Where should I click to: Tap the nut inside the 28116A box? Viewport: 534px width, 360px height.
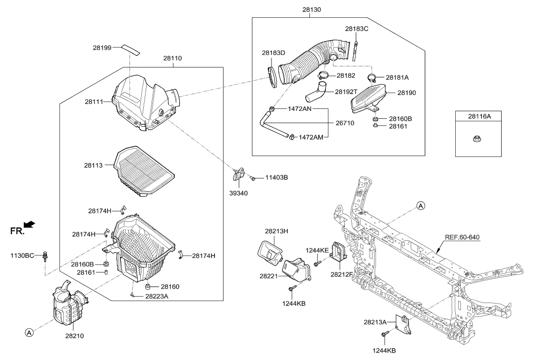point(483,138)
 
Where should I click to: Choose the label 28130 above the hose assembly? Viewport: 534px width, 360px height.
point(311,9)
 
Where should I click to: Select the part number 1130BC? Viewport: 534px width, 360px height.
point(22,256)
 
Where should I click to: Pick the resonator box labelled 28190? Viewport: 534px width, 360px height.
point(368,98)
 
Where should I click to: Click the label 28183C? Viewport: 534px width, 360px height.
point(357,29)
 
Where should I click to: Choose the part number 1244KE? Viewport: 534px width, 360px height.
point(317,250)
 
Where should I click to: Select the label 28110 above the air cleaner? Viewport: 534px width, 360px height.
point(173,58)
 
